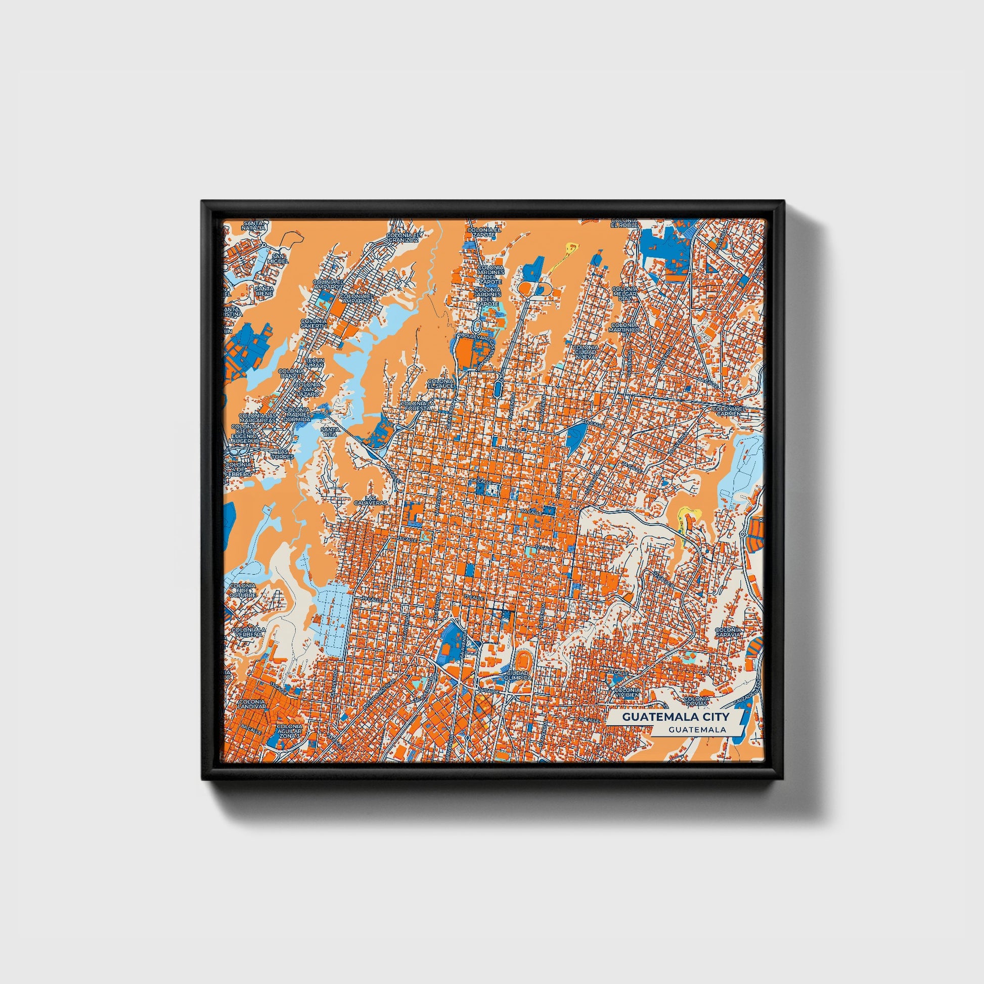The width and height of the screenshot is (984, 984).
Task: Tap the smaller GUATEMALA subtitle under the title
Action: click(698, 729)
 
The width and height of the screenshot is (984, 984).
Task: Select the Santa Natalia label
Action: click(254, 226)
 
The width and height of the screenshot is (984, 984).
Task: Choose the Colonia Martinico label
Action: click(624, 328)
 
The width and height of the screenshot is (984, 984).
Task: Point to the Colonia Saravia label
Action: click(727, 633)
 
